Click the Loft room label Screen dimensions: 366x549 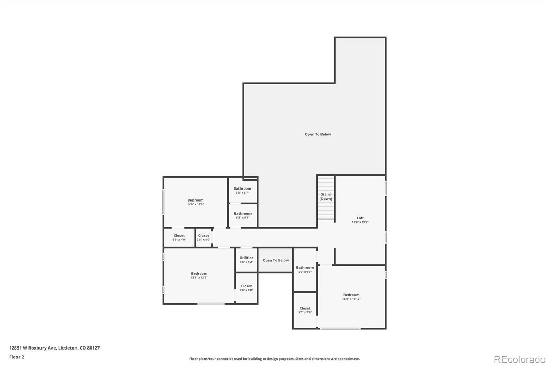360,218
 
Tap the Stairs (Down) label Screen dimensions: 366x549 326,196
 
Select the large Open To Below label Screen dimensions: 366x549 318,134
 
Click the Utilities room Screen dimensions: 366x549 246,260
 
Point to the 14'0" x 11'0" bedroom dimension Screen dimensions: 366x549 195,205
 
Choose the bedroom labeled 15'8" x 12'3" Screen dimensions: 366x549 199,275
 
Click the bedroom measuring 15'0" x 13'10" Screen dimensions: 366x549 351,297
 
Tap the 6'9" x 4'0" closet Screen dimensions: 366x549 179,237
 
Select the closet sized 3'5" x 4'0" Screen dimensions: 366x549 203,237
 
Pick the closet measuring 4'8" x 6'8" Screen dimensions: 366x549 246,288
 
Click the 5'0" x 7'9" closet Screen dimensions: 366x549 305,310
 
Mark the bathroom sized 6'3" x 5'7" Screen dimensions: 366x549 242,190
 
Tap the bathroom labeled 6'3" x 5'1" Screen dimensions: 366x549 243,215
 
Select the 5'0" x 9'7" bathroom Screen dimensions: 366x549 305,270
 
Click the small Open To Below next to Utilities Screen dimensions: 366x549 276,260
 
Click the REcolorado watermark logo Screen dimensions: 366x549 519,359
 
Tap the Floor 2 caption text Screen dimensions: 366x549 16,357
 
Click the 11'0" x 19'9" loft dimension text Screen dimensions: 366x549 360,222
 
